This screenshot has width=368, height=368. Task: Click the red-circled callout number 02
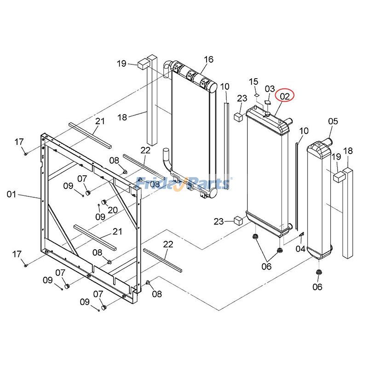tap(285, 97)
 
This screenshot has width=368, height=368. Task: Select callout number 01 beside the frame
tap(11, 195)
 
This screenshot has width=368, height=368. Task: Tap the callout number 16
tap(208, 59)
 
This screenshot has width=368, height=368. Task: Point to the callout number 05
tap(333, 121)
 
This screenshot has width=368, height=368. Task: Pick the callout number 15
tap(254, 82)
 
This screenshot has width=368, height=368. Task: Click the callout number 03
tap(270, 89)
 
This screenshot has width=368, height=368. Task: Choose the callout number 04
tap(300, 249)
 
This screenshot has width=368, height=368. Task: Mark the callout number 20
tap(113, 210)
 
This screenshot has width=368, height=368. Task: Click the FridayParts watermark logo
tap(184, 183)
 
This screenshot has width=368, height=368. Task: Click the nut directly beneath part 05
tap(318, 273)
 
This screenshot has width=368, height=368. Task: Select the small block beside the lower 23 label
tap(238, 219)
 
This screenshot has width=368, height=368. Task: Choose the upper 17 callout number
tap(18, 142)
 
